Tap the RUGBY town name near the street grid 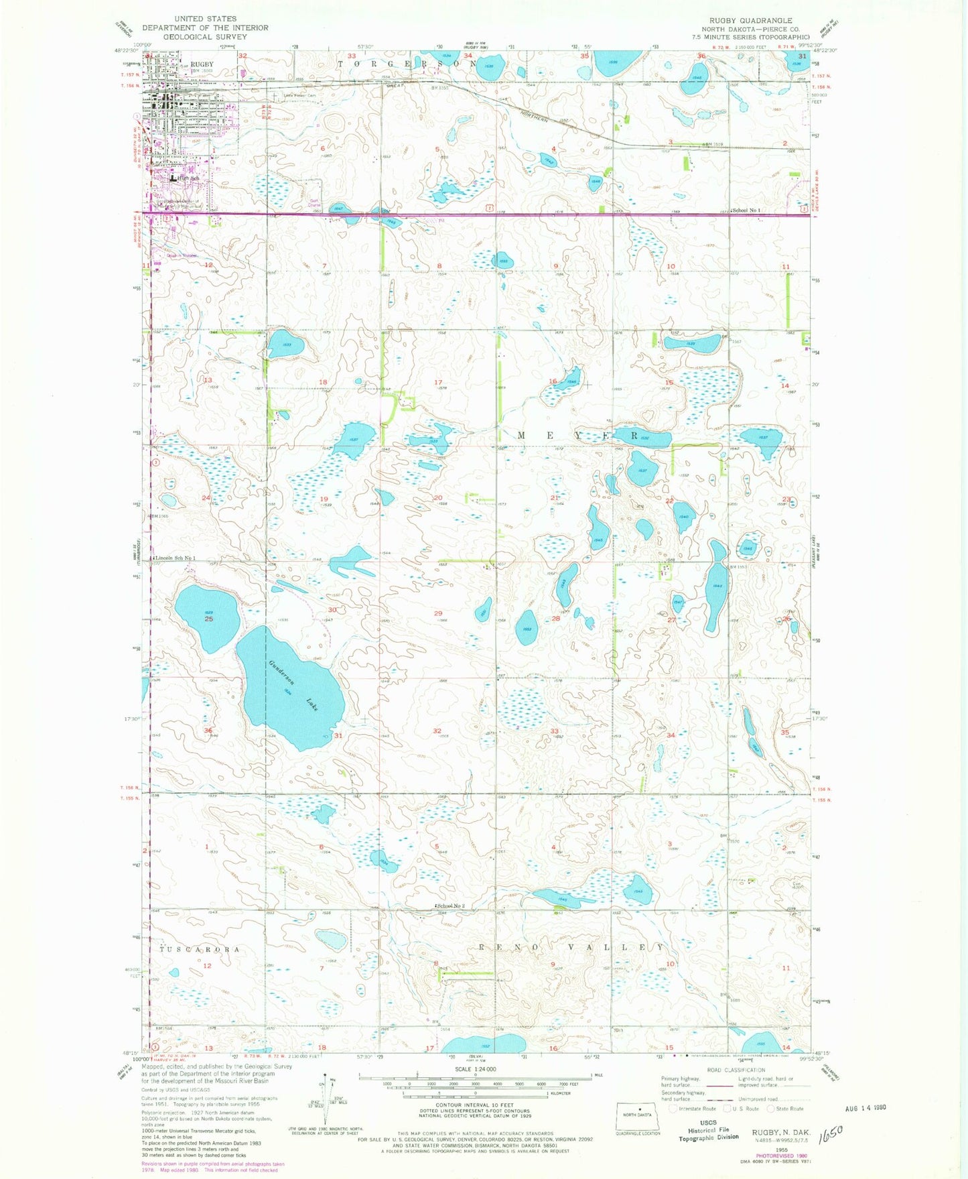(202, 64)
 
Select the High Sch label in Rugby (189, 178)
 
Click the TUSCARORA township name (199, 950)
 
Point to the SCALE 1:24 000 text (474, 1069)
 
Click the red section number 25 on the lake (209, 619)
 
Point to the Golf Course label (314, 202)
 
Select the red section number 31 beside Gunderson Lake (338, 735)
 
